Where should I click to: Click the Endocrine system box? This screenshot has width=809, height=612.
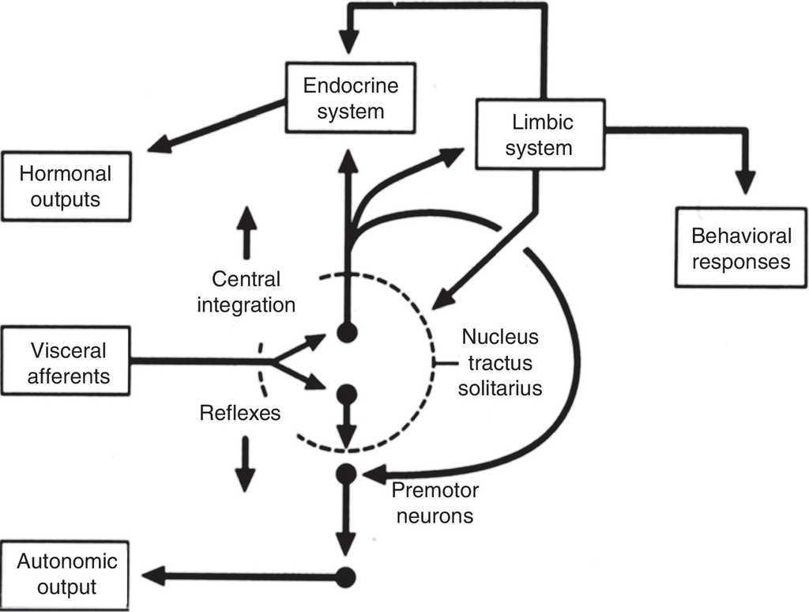(351, 98)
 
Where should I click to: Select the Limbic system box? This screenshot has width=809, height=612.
(540, 135)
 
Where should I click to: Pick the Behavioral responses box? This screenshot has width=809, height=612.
(741, 248)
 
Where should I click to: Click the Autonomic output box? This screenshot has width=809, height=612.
(66, 574)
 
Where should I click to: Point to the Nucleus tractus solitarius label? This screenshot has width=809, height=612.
(501, 363)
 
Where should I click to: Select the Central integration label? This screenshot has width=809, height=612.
(246, 291)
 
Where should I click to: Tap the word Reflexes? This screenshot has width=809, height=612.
(239, 412)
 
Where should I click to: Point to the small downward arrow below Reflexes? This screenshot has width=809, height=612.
(245, 465)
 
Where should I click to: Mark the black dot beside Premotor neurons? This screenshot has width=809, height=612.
(346, 474)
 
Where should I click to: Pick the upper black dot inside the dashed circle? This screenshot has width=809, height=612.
(346, 332)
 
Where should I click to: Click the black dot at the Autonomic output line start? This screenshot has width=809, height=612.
(345, 576)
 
